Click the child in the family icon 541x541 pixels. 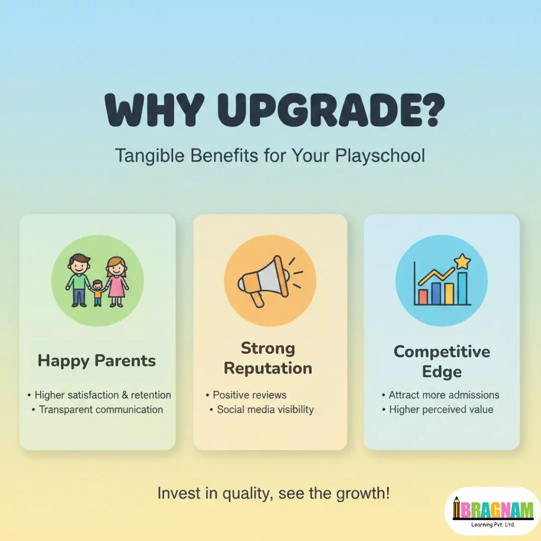tap(98, 292)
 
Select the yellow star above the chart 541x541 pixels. tap(462, 261)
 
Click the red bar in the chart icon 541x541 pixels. tap(423, 297)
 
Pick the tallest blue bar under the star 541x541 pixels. tap(462, 288)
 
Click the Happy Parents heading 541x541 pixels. tap(97, 361)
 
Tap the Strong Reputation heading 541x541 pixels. tap(268, 358)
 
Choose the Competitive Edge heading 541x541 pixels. tap(442, 361)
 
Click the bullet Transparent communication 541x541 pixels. tap(101, 409)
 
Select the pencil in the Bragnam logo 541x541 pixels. tap(456, 508)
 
